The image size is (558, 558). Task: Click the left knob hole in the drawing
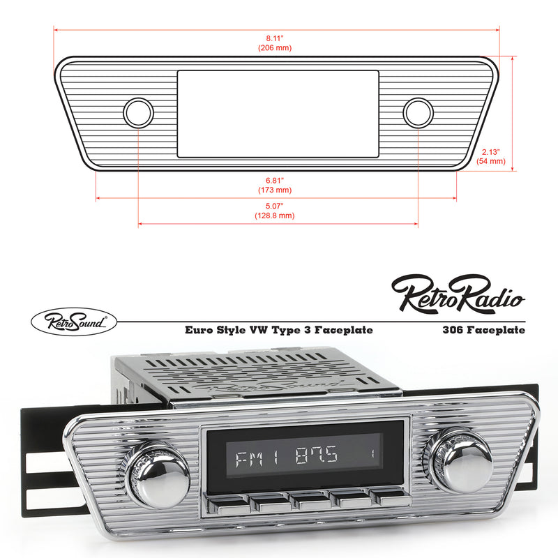point(138,112)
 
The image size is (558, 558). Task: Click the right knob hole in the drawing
point(418,112)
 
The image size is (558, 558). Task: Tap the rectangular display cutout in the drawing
point(278,112)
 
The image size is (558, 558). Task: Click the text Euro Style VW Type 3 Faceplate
point(278,331)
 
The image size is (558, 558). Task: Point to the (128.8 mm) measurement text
point(274,216)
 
